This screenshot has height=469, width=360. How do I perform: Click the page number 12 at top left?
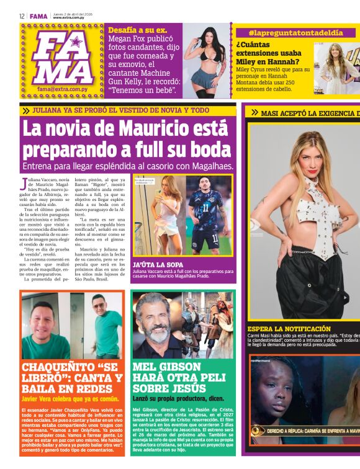(x=21, y=16)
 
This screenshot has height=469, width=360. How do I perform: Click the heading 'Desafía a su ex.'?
(x=137, y=30)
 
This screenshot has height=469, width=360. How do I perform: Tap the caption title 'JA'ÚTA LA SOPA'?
(x=158, y=264)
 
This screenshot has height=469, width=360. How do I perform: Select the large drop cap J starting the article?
(x=25, y=184)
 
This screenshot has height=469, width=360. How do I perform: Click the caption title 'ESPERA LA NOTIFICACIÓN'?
(x=289, y=329)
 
